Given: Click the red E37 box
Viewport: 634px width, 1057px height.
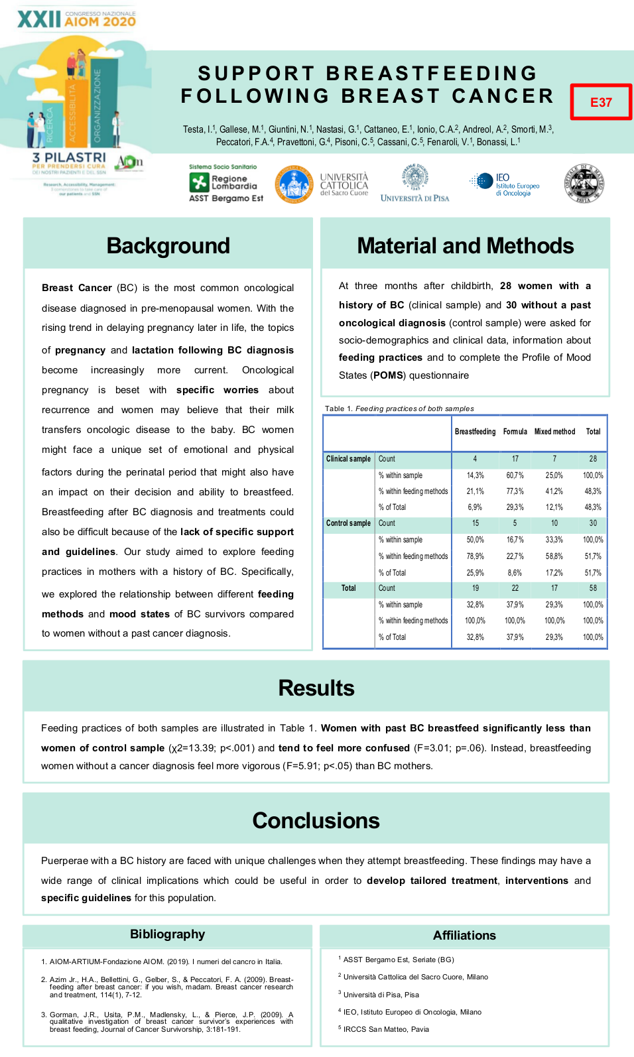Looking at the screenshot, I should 601,102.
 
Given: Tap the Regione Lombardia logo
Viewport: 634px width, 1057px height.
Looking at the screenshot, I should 225,184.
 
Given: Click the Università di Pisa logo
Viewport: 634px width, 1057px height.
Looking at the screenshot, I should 415,184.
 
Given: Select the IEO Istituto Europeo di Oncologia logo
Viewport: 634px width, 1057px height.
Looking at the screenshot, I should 505,185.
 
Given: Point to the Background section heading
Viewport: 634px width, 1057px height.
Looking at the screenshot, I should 168,246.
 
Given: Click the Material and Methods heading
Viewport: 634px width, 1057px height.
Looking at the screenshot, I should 465,246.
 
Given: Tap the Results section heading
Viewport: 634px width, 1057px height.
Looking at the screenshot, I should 316,688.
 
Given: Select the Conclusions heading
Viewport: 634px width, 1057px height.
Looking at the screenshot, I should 316,821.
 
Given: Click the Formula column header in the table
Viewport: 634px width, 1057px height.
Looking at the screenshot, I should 515,432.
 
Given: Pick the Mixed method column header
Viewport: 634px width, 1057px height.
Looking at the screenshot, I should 554,432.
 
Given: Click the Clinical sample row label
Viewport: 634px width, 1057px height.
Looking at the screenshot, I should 348,459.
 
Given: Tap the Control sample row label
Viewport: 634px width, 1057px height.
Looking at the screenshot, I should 348,523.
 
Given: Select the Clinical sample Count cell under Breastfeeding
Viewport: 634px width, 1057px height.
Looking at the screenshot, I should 475,459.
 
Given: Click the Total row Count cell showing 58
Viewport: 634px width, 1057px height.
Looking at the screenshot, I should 593,588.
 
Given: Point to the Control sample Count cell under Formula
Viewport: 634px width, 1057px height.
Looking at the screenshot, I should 515,523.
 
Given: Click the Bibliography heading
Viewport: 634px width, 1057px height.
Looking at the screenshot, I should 168,934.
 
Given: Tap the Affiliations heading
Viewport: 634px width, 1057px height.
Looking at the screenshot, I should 464,936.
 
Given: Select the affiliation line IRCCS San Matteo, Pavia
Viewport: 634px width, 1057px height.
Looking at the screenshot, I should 386,1029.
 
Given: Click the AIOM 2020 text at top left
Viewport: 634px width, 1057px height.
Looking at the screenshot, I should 100,21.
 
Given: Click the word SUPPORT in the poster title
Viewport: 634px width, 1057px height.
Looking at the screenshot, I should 256,73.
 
